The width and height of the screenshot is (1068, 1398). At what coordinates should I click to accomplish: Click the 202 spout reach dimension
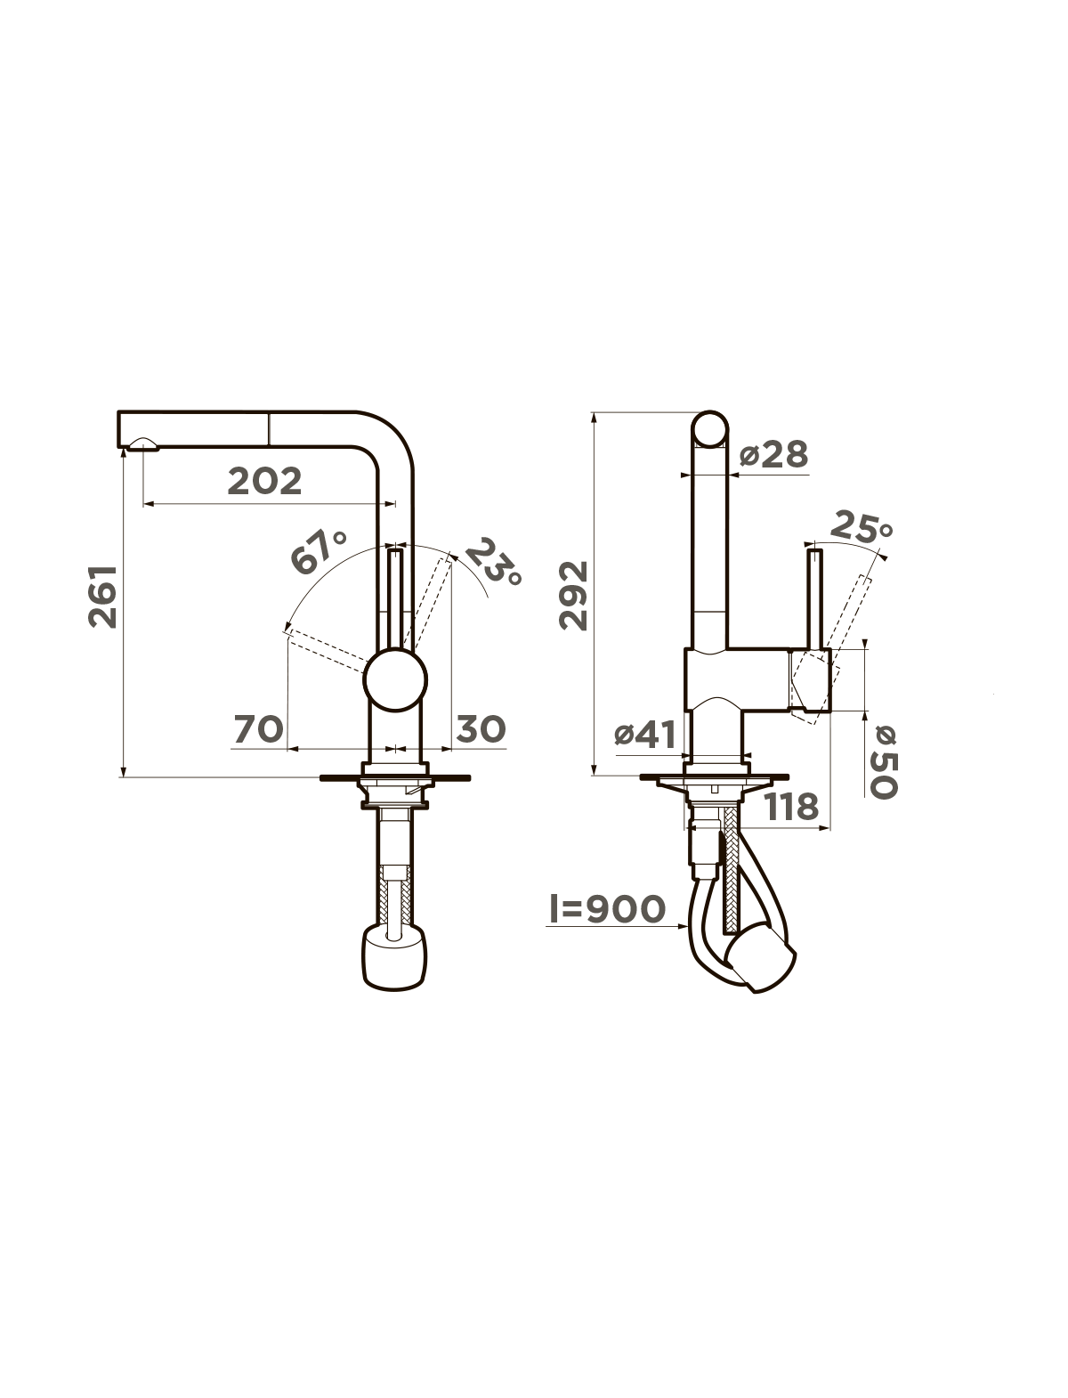tap(264, 482)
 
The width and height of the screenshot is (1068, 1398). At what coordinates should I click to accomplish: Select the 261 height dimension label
tap(103, 597)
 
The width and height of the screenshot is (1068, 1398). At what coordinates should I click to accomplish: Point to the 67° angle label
tap(319, 550)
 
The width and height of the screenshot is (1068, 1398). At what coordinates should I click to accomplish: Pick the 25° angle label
tap(862, 526)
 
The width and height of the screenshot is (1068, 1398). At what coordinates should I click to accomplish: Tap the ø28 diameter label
tap(774, 455)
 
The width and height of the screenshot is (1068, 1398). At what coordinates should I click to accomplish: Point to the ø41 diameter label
tap(644, 736)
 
